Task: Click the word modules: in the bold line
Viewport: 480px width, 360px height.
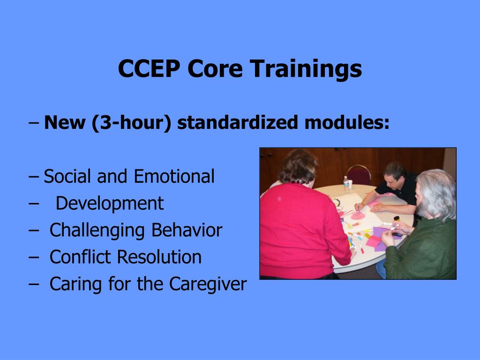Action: tap(347, 123)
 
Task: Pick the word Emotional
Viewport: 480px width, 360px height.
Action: tap(174, 177)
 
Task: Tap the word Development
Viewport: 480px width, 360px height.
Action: tap(110, 203)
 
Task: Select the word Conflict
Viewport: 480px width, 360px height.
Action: tap(80, 257)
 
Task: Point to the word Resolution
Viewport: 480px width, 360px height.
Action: tap(159, 257)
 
